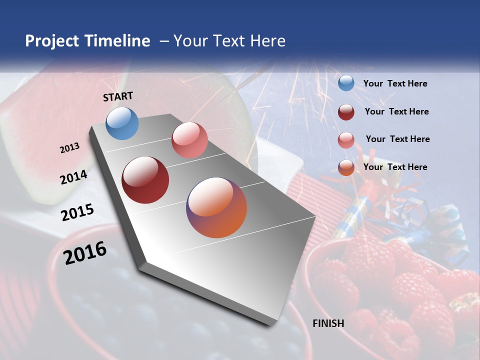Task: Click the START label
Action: pos(118,96)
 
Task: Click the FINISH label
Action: pos(328,323)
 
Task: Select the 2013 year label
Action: pos(70,148)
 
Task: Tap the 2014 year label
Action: pos(74,177)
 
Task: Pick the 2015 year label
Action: pos(77,212)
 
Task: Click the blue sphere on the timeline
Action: pos(122,123)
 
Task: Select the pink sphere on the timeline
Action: pos(189,140)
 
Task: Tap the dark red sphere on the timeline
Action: pos(145,180)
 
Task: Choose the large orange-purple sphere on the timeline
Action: pos(216,207)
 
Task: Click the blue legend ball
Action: pos(346,83)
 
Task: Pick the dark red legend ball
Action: pos(346,111)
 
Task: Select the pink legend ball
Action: pos(346,139)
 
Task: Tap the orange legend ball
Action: pos(346,167)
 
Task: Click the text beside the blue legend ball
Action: pos(395,84)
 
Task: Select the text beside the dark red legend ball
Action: pos(396,111)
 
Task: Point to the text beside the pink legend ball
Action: pos(397,139)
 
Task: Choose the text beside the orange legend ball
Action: pos(395,167)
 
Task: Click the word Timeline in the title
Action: pos(117,41)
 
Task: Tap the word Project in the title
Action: pos(51,41)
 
